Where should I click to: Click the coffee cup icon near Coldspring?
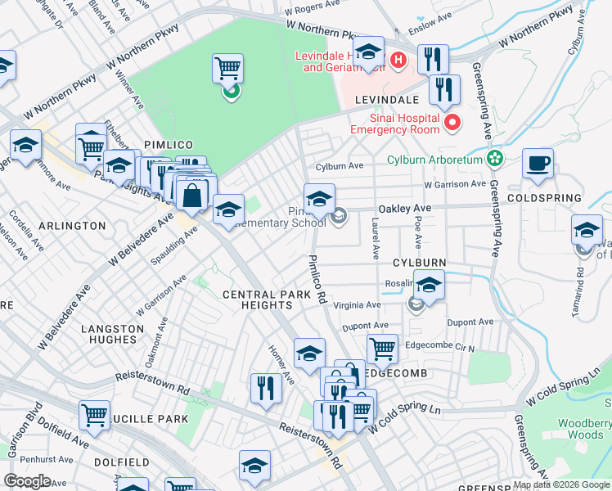pos(538,164)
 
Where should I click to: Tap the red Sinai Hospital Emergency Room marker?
pos(452,124)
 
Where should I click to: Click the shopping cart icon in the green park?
pos(228,69)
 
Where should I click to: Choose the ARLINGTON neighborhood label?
pos(70,225)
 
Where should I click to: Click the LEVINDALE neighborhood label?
pos(387,99)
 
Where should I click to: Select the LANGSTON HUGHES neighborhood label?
pos(109,333)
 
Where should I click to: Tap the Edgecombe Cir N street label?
pos(440,348)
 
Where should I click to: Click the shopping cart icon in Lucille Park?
pos(94,415)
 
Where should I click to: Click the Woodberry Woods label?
pos(585,429)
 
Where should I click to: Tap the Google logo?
pos(27,481)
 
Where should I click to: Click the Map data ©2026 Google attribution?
pos(560,484)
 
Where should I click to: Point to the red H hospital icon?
pos(398,59)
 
